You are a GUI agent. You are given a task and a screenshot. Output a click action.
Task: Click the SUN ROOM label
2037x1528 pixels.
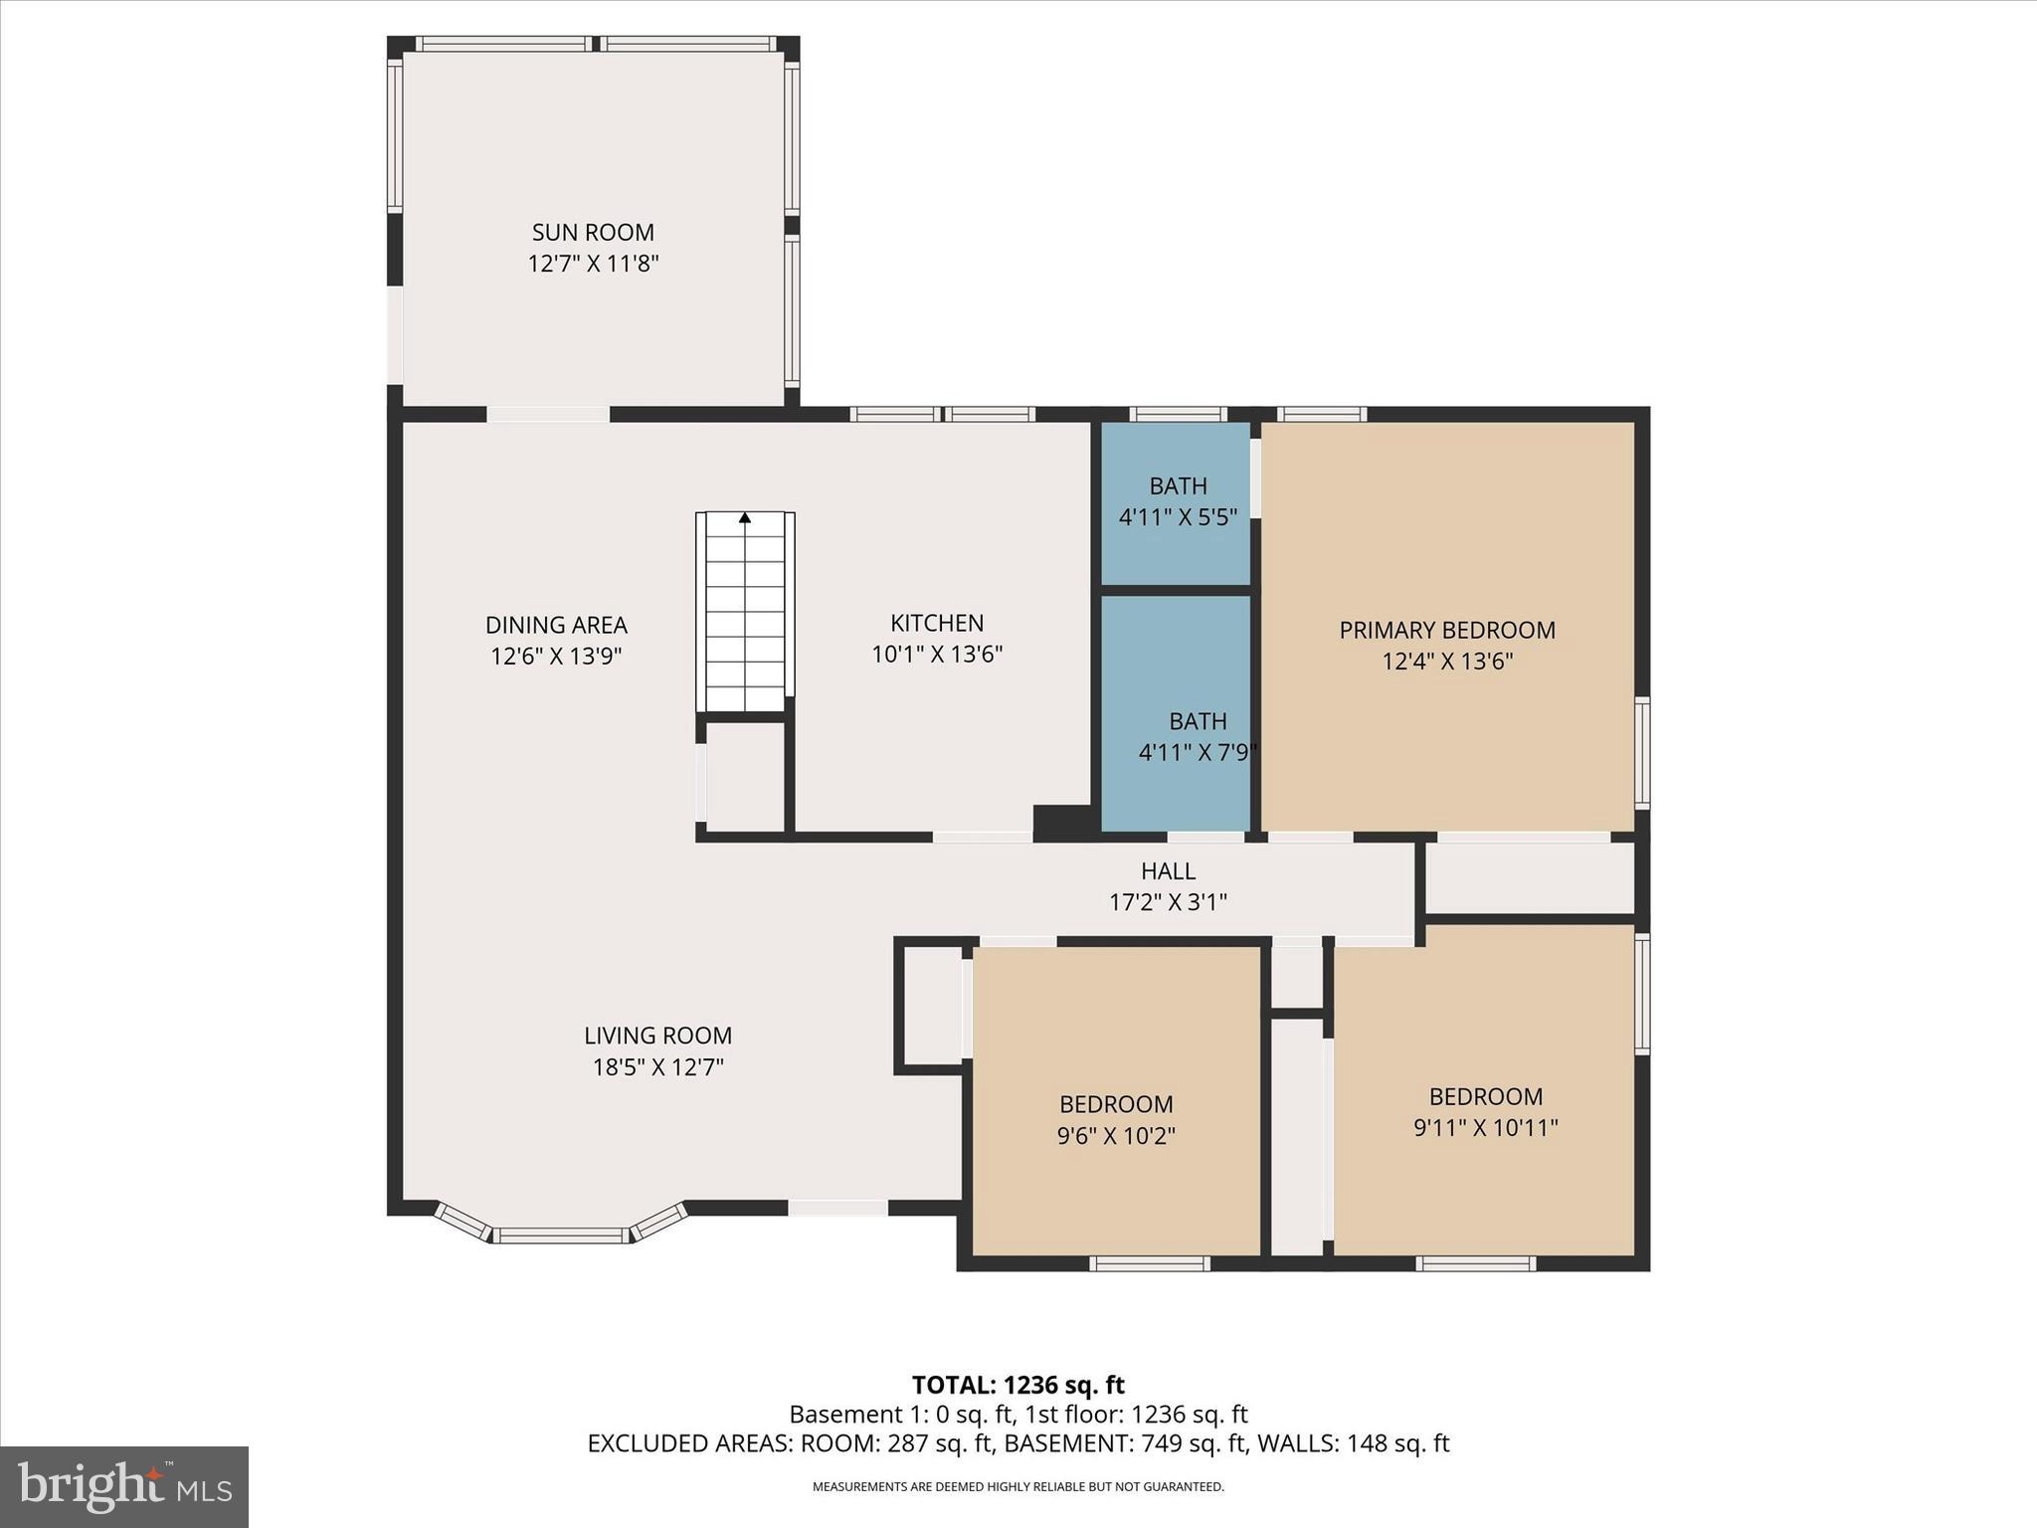[x=593, y=233]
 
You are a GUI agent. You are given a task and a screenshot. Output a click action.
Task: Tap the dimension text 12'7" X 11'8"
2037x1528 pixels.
[x=593, y=265]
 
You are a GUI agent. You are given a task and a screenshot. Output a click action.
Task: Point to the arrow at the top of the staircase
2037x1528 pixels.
[x=745, y=517]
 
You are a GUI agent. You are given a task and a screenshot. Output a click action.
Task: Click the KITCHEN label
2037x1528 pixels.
[x=937, y=624]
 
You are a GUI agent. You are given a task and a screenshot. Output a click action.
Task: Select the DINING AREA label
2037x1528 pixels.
[x=556, y=626]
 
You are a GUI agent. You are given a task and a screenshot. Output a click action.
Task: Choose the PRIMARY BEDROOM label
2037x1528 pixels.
[x=1447, y=631]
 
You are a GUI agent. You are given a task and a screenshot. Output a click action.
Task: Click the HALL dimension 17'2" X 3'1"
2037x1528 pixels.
[x=1168, y=903]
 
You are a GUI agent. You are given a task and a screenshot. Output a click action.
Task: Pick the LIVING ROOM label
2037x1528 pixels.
[x=657, y=1036]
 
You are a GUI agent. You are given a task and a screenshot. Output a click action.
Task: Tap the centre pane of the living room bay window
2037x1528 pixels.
[x=562, y=1236]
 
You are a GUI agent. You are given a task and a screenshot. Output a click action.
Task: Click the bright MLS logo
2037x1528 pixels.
[x=124, y=1486]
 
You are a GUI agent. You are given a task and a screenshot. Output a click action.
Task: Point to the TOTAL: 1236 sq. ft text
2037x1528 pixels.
[x=1018, y=1385]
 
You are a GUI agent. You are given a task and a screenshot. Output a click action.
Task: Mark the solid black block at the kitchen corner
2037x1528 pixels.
[x=1064, y=821]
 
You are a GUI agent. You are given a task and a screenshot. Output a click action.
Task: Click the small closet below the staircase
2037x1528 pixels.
[x=745, y=776]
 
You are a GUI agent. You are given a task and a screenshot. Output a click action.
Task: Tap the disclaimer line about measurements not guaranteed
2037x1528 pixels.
[x=1018, y=1487]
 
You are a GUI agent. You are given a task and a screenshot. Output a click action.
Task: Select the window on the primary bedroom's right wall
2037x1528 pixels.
[x=1643, y=752]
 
